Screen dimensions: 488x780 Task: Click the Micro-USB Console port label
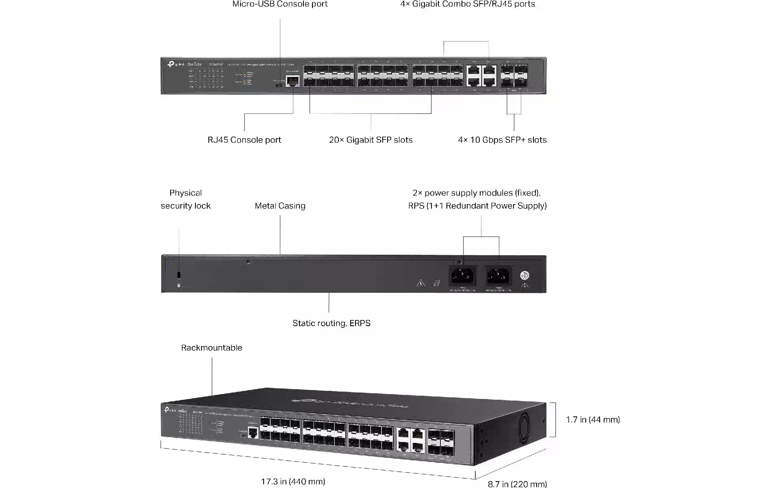[x=280, y=4]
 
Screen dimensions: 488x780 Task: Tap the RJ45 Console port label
[x=244, y=140]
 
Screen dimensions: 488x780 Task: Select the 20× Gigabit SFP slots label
[x=370, y=140]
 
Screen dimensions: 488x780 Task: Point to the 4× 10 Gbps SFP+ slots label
[x=502, y=140]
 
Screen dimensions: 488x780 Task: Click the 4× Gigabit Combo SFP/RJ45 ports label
[x=467, y=4]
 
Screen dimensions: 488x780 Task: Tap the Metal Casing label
[x=280, y=206]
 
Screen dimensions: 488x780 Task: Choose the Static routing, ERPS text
[x=331, y=323]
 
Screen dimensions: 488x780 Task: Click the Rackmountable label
[x=211, y=348]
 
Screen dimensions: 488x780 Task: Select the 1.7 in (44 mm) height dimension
[x=593, y=420]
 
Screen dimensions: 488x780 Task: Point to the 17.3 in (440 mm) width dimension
[x=293, y=482]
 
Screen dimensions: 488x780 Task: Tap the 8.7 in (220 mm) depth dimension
[x=517, y=484]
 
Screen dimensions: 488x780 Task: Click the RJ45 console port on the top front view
[x=292, y=81]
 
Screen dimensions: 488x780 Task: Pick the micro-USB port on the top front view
[x=279, y=86]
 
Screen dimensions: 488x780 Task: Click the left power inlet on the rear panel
[x=462, y=277]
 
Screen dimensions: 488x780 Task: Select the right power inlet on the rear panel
[x=498, y=277]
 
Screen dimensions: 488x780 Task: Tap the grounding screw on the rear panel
[x=524, y=276]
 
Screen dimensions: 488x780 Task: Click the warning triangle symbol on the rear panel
[x=420, y=283]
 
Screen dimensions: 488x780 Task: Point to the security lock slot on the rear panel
[x=179, y=275]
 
